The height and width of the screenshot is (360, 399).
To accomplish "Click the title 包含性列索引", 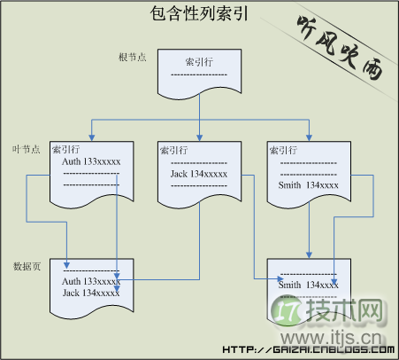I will pos(198,14).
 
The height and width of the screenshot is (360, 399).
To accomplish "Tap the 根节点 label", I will pos(134,58).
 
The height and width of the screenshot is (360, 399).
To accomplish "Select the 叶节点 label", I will pos(27,148).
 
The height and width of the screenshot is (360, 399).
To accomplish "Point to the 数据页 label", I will pos(27,265).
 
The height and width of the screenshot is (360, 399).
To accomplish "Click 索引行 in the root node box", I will pos(198,64).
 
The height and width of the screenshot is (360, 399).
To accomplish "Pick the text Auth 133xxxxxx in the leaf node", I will pos(90,162).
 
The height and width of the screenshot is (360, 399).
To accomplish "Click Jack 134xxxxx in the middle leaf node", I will pos(199,174).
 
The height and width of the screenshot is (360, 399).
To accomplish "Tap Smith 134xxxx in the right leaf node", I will pos(307,184).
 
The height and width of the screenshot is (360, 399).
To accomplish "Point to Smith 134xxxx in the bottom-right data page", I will pos(307,285).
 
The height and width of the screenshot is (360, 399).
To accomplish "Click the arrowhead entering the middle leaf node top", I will pos(200,137).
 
